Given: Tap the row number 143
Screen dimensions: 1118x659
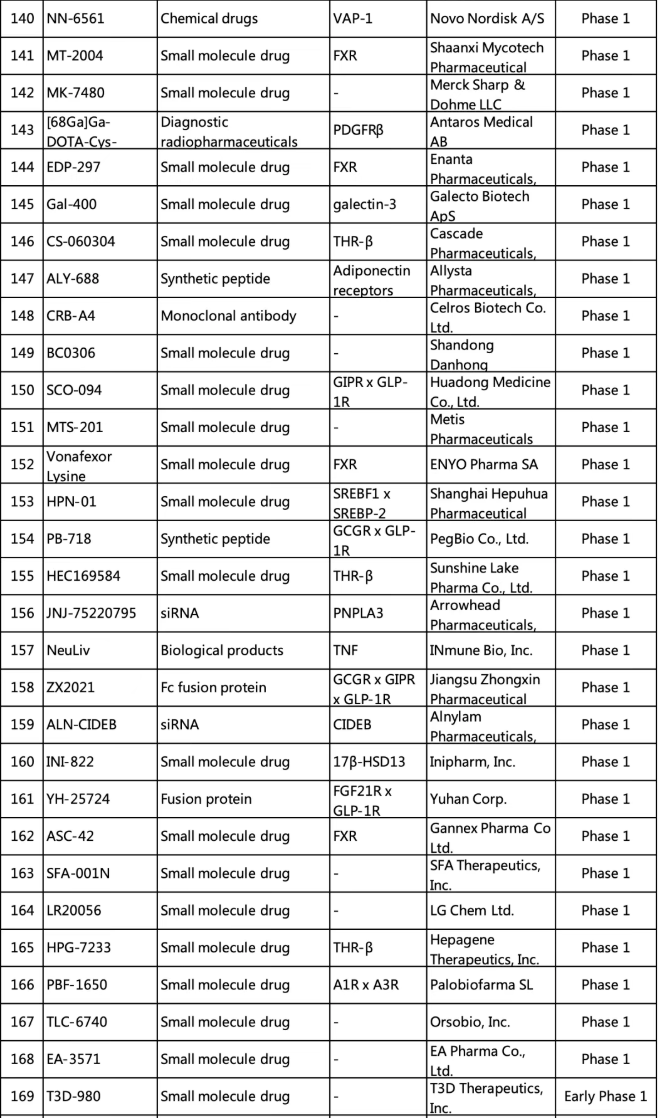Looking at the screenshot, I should (20, 130).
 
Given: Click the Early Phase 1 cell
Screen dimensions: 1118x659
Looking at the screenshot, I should (605, 1096).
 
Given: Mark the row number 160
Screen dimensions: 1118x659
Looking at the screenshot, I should (20, 762).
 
